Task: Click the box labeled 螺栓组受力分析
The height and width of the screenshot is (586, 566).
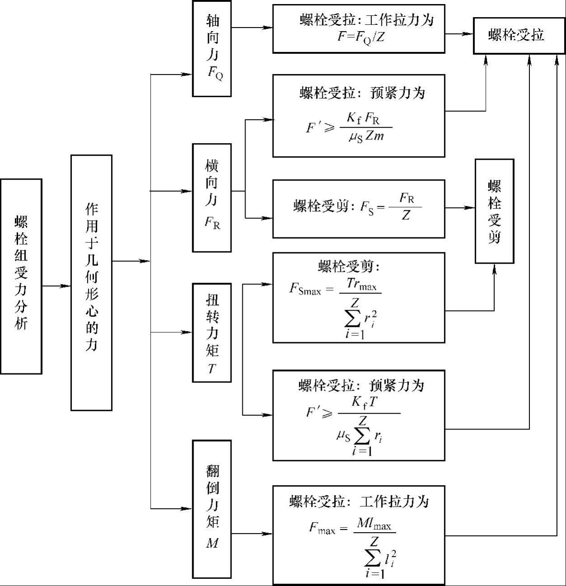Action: [21, 276]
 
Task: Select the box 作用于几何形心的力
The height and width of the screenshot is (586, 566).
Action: [92, 283]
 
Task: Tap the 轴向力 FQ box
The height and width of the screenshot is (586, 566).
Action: [212, 48]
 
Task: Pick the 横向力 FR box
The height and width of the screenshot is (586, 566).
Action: [212, 198]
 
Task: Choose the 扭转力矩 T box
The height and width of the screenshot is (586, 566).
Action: [212, 333]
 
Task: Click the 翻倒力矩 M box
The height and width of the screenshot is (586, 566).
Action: [212, 509]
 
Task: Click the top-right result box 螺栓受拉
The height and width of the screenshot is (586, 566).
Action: [519, 36]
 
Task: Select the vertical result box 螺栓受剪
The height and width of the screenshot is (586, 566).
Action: [495, 211]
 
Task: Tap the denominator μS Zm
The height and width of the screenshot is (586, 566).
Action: [367, 137]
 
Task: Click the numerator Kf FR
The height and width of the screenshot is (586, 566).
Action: [363, 118]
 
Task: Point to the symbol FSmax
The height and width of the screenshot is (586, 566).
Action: [305, 289]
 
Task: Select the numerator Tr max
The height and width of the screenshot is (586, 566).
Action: [361, 284]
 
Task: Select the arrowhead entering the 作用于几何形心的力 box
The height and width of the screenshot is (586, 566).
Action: [65, 286]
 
